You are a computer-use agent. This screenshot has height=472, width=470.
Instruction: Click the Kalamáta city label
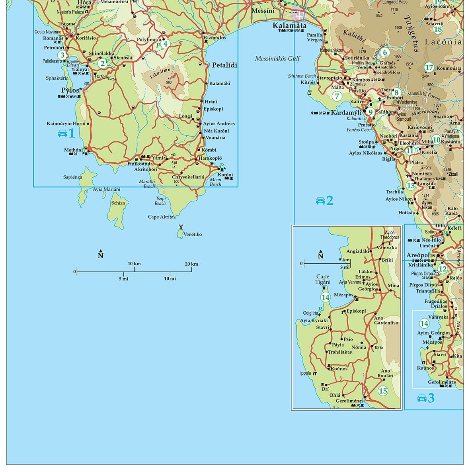(289, 26)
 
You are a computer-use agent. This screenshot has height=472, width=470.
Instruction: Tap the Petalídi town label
(224, 65)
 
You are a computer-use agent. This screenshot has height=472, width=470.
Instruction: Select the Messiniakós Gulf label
(277, 59)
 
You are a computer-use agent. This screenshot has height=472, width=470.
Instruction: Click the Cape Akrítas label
(162, 217)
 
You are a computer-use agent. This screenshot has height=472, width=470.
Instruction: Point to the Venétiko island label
(193, 234)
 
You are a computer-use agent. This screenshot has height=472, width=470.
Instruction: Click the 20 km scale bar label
(191, 264)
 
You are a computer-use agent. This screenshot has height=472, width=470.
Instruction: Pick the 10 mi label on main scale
(170, 278)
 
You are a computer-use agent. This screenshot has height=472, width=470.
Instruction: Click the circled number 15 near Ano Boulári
(383, 391)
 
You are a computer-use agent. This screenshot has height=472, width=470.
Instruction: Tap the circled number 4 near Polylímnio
(166, 44)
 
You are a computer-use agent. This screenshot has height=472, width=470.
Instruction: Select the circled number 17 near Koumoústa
(429, 67)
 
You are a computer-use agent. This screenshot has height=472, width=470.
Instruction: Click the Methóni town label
(73, 150)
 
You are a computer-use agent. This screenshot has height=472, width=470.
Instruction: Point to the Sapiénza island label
(72, 177)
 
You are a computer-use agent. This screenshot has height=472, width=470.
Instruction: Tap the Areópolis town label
(421, 255)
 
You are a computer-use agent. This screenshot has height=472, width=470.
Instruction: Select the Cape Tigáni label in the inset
(323, 279)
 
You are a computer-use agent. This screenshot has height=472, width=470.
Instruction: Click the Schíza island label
(118, 203)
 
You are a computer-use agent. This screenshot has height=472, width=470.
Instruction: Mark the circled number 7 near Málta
(337, 96)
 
